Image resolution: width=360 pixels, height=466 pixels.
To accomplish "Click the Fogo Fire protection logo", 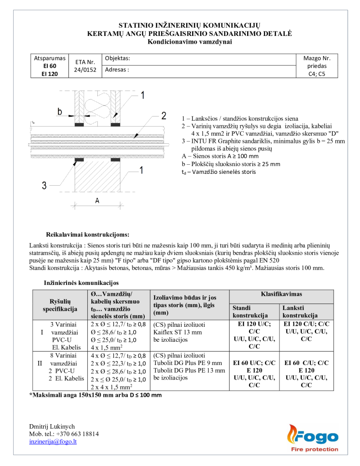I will pos(312,439).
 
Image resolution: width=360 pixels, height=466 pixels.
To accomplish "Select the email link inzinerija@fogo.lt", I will pos(53,441).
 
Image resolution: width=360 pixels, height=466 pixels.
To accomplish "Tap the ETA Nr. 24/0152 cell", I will pos(85,66).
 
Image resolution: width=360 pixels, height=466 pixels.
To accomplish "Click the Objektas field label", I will pos(117,59).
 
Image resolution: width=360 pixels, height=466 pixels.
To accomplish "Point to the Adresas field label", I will pos(117,70).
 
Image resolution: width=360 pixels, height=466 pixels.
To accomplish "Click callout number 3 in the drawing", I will pos(45,185).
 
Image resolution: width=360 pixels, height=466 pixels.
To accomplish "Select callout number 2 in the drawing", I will pos(163,115).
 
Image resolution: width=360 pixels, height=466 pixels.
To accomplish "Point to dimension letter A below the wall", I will pos(97,201).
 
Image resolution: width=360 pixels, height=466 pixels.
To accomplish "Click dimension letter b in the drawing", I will pos(59,111).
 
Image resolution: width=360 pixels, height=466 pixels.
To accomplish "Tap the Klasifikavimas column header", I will pos(281,294).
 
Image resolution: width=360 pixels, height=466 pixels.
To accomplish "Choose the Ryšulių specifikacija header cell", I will pos(60,305).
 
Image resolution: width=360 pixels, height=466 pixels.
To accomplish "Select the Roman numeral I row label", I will pos(42,332).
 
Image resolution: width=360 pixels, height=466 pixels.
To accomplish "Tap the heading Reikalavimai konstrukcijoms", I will pos(87,235).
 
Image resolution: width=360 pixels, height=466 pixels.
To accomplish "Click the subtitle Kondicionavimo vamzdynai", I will pos(190,42).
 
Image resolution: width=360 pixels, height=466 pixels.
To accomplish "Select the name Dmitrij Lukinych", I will pos(52,426).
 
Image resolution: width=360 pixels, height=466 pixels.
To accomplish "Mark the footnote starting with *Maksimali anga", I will pos(95,395).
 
